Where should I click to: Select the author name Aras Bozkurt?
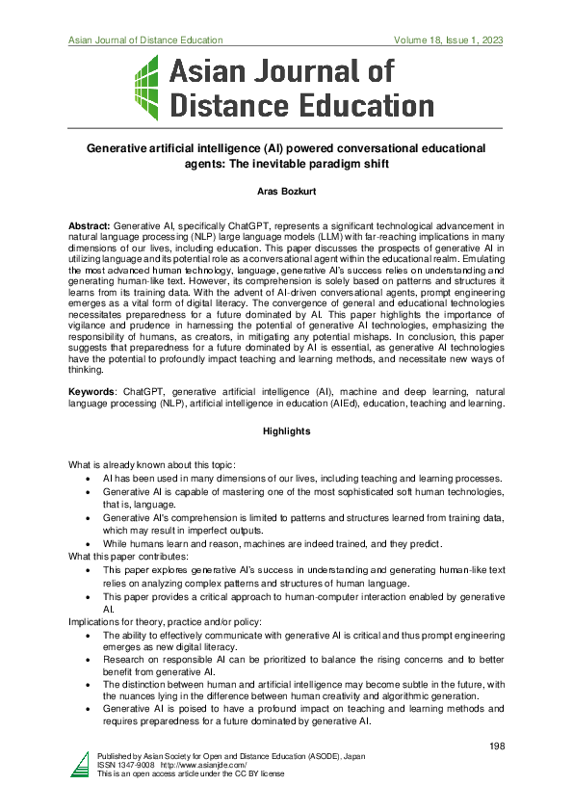click(x=285, y=194)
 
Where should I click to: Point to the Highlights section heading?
click(x=286, y=432)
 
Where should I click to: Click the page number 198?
click(x=495, y=746)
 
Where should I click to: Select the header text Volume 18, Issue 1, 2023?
click(x=448, y=40)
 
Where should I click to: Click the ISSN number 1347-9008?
click(x=127, y=766)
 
